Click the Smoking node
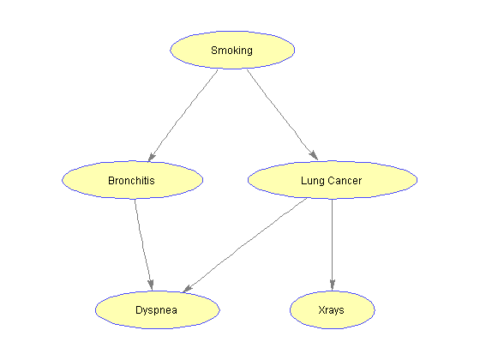(232, 50)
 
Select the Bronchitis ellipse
(132, 180)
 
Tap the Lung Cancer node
(333, 180)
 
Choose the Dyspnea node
(158, 309)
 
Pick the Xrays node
(333, 309)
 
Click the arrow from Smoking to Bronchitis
(183, 116)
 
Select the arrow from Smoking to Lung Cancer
(282, 115)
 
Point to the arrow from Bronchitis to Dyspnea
(144, 245)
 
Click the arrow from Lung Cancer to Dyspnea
(245, 245)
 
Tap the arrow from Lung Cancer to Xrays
(333, 245)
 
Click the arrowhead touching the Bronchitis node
(152, 157)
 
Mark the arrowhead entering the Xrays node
(333, 285)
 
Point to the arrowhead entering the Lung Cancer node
(314, 155)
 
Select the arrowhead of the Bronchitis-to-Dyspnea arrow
(151, 285)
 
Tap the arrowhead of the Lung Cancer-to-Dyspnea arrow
(188, 288)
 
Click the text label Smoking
(231, 51)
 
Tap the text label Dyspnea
(156, 310)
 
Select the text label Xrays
(331, 310)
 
